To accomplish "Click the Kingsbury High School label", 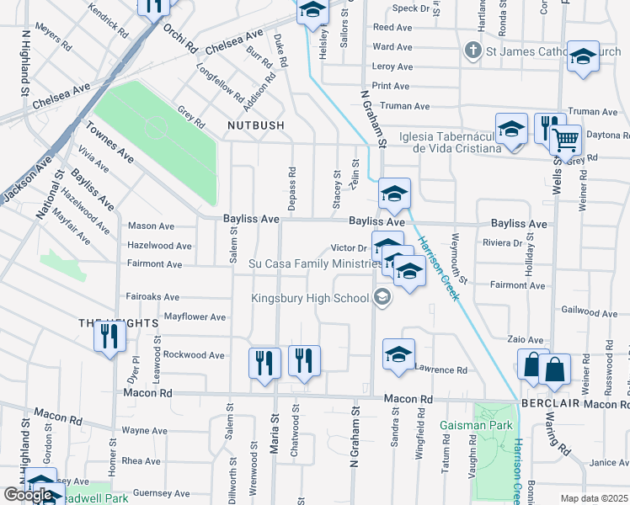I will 309,297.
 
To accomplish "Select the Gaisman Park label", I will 476,425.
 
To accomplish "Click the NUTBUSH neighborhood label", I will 255,125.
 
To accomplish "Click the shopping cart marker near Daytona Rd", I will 566,139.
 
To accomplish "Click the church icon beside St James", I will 473,51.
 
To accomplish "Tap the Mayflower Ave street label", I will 195,317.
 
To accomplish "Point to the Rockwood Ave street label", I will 193,355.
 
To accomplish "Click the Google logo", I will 28,495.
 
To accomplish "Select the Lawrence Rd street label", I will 440,369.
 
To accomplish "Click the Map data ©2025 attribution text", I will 594,498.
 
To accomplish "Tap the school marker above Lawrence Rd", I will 398,353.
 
